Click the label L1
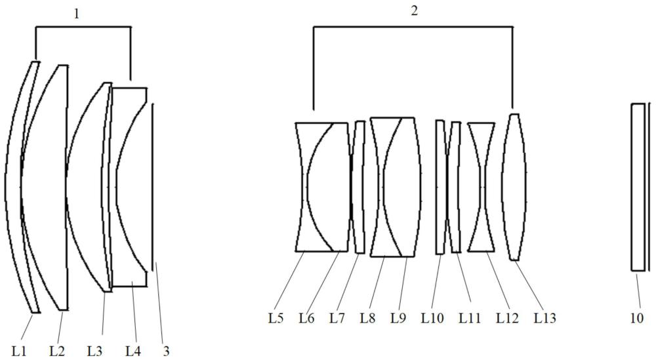19,351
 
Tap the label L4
133,351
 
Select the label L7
337,318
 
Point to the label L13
546,318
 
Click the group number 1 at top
76,14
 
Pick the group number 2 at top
414,11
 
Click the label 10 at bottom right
636,318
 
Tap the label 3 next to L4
166,351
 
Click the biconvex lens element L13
514,187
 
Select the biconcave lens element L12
481,187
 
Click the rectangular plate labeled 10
638,187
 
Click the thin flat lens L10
440,187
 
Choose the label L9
398,318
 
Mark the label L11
470,318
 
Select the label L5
276,318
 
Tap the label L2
57,351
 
